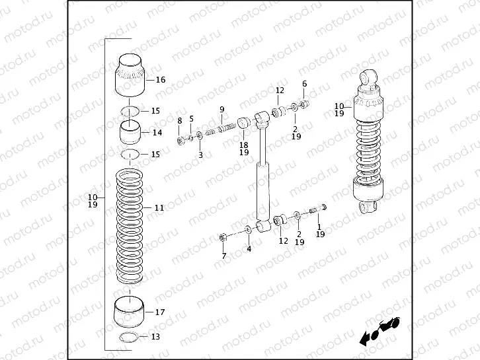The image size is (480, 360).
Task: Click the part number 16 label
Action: coord(160,80)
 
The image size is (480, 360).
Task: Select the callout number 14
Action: coord(157,132)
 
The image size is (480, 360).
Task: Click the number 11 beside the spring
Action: coord(159,207)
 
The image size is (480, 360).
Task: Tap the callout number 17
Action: coord(159,312)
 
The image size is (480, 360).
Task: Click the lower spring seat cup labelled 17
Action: coord(130,312)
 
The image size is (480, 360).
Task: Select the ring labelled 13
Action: coord(131,338)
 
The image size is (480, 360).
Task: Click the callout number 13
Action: coord(155,337)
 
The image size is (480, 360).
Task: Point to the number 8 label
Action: coord(179,120)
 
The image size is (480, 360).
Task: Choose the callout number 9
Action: coord(222,109)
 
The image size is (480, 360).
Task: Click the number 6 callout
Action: coord(304,84)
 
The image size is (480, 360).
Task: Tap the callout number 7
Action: coord(223,256)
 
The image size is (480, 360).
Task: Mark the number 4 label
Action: coord(249,249)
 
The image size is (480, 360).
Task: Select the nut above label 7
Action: coord(223,236)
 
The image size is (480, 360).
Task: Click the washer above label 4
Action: coord(248,230)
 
